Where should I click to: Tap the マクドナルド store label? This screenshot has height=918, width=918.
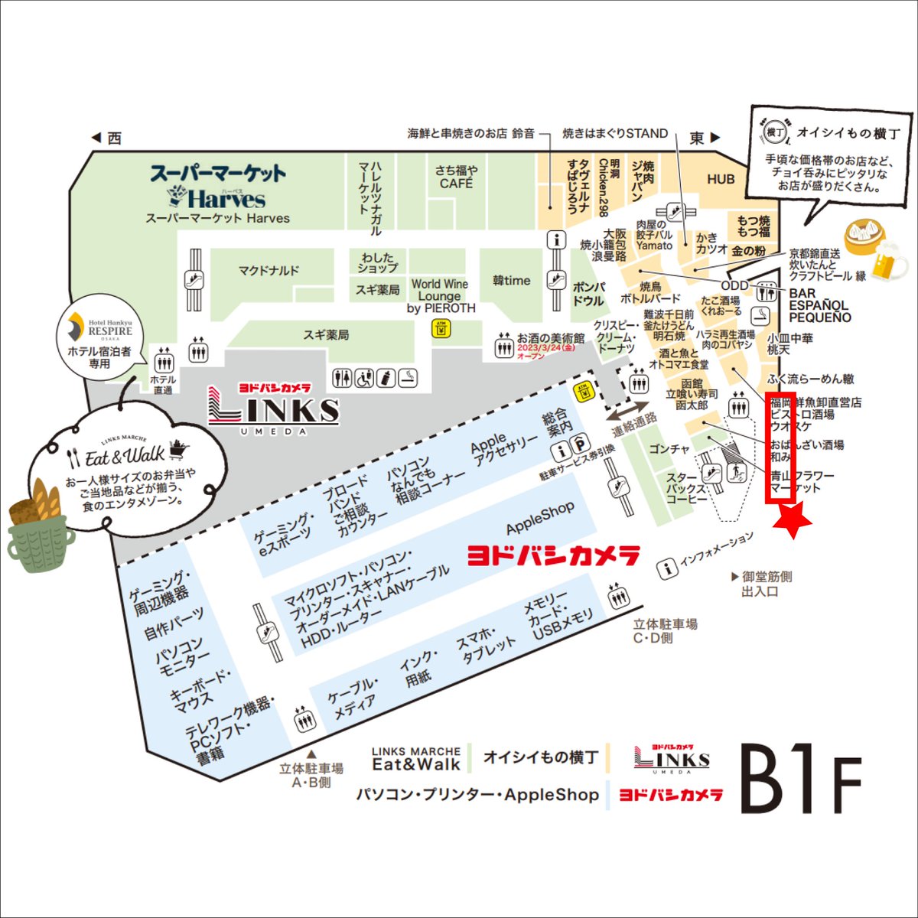[269, 271]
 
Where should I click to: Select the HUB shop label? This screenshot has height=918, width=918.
[721, 179]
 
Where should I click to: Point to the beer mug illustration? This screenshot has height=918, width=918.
[887, 262]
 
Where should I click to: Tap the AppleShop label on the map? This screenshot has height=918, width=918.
[540, 519]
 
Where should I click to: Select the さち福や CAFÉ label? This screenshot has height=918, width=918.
[457, 177]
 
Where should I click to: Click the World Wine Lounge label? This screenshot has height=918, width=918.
[440, 296]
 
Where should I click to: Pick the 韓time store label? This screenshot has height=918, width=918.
[512, 281]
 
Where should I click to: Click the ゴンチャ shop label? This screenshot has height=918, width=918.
[669, 449]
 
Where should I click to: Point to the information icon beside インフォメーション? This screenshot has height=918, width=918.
[668, 568]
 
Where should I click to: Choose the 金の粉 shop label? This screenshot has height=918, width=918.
[748, 251]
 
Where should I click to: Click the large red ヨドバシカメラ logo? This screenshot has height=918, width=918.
[553, 555]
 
